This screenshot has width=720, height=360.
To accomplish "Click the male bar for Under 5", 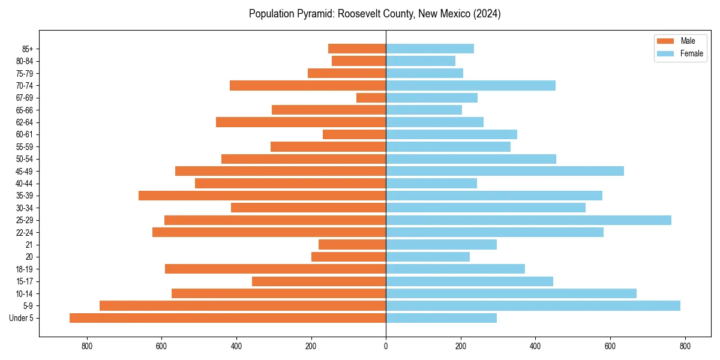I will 228,318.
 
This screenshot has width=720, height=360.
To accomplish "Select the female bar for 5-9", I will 533,305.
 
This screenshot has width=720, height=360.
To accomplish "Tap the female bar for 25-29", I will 529,220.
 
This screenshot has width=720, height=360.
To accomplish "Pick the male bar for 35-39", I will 262,196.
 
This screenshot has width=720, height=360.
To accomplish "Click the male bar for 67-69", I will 371,98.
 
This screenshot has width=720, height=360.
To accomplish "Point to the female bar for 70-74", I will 470,85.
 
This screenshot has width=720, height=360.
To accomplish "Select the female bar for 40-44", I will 431,183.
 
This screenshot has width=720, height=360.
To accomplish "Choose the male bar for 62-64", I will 301,122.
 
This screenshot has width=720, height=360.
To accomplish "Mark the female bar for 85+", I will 430,49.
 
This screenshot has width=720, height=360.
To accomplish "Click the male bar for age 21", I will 352,244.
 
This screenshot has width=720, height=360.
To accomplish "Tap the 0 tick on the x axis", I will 386,346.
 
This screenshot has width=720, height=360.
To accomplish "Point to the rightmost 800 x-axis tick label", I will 685,346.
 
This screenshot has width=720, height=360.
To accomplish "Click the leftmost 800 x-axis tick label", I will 87,346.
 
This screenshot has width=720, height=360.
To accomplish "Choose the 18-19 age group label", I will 25,269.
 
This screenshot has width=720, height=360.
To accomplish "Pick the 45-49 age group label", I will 25,171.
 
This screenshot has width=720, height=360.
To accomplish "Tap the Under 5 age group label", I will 22,318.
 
